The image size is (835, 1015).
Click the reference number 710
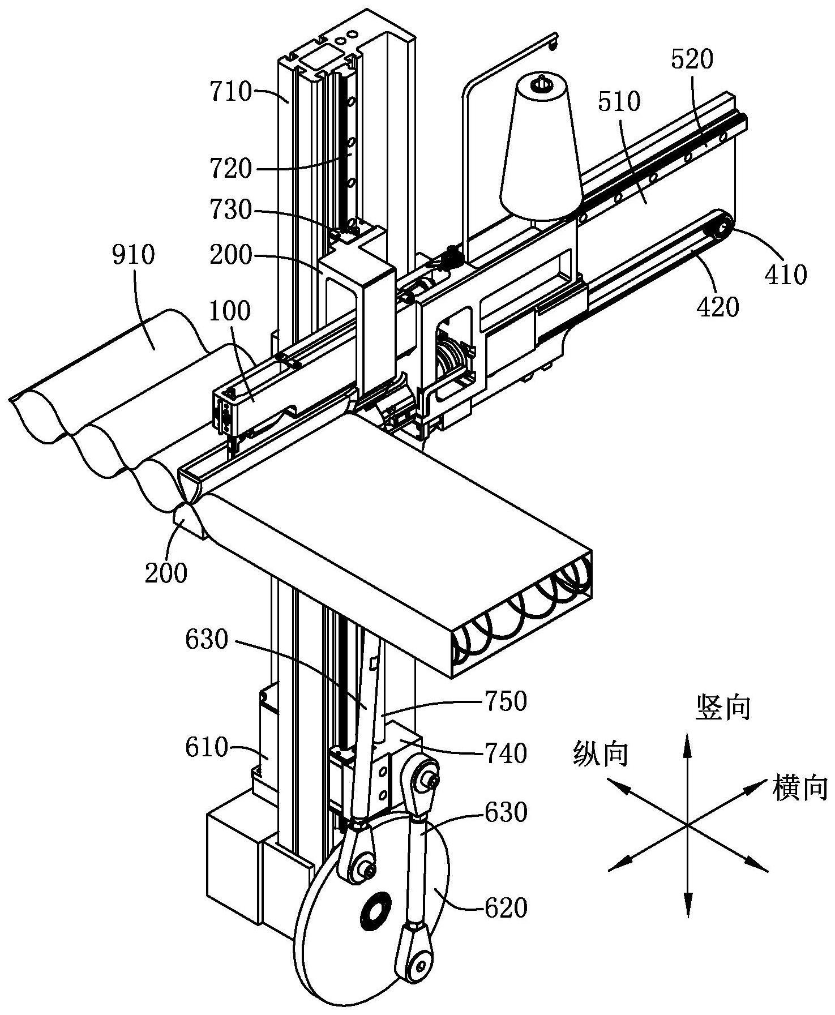[x=230, y=92]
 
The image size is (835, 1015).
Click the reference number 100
[x=230, y=311]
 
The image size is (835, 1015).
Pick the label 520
[x=692, y=59]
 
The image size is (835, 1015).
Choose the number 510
[x=618, y=102]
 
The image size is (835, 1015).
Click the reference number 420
[x=718, y=307]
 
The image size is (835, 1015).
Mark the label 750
[x=506, y=701]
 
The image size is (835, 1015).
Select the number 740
[x=506, y=753]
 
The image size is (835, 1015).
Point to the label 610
[x=206, y=748]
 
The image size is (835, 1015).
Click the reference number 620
[x=506, y=909]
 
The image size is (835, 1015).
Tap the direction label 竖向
[x=723, y=708]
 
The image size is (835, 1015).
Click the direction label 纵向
[x=601, y=753]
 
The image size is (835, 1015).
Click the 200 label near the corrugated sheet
[x=166, y=573]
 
